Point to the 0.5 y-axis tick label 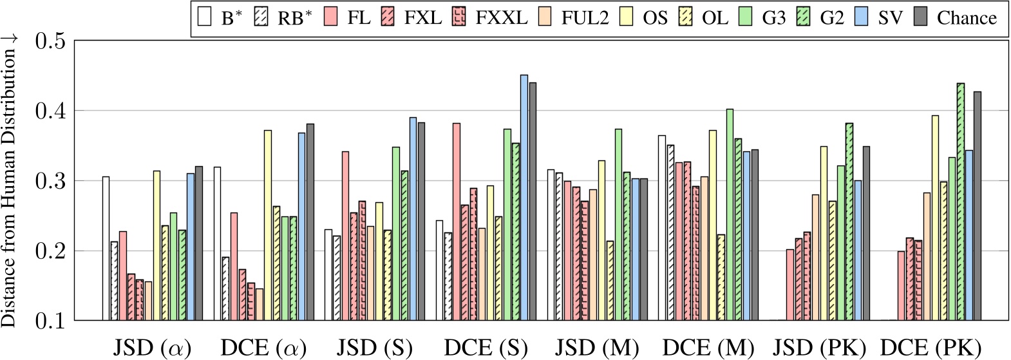(50, 41)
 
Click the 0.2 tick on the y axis (50, 251)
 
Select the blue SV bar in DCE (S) (524, 198)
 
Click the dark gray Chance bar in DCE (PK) (978, 206)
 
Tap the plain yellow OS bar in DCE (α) (268, 225)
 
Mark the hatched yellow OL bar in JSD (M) (610, 281)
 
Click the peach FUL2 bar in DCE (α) (260, 305)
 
